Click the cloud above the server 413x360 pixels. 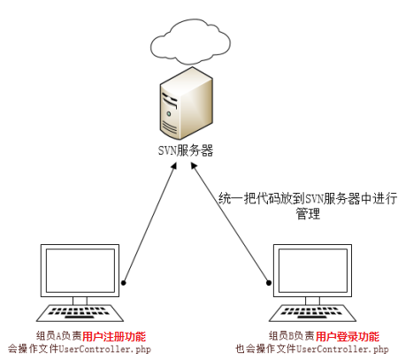point(190,43)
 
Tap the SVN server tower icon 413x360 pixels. point(187,103)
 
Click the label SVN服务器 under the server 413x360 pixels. point(186,150)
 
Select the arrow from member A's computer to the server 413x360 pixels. point(150,223)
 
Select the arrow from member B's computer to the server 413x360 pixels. point(230,223)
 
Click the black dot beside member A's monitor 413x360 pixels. point(124,283)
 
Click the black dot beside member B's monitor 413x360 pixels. point(269,283)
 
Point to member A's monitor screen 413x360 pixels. point(80,271)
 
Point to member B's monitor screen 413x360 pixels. point(312,271)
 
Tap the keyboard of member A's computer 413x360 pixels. point(80,313)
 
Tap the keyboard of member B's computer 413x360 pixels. point(312,313)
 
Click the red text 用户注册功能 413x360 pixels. point(114,336)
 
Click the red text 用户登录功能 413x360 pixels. point(348,336)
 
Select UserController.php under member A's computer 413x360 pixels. point(104,349)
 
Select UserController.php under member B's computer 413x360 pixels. point(342,349)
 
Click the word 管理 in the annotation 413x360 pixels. point(308,213)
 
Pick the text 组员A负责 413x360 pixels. point(59,336)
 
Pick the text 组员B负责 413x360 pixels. point(292,336)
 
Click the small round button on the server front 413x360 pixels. point(169,113)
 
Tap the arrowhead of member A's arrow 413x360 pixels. point(174,166)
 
